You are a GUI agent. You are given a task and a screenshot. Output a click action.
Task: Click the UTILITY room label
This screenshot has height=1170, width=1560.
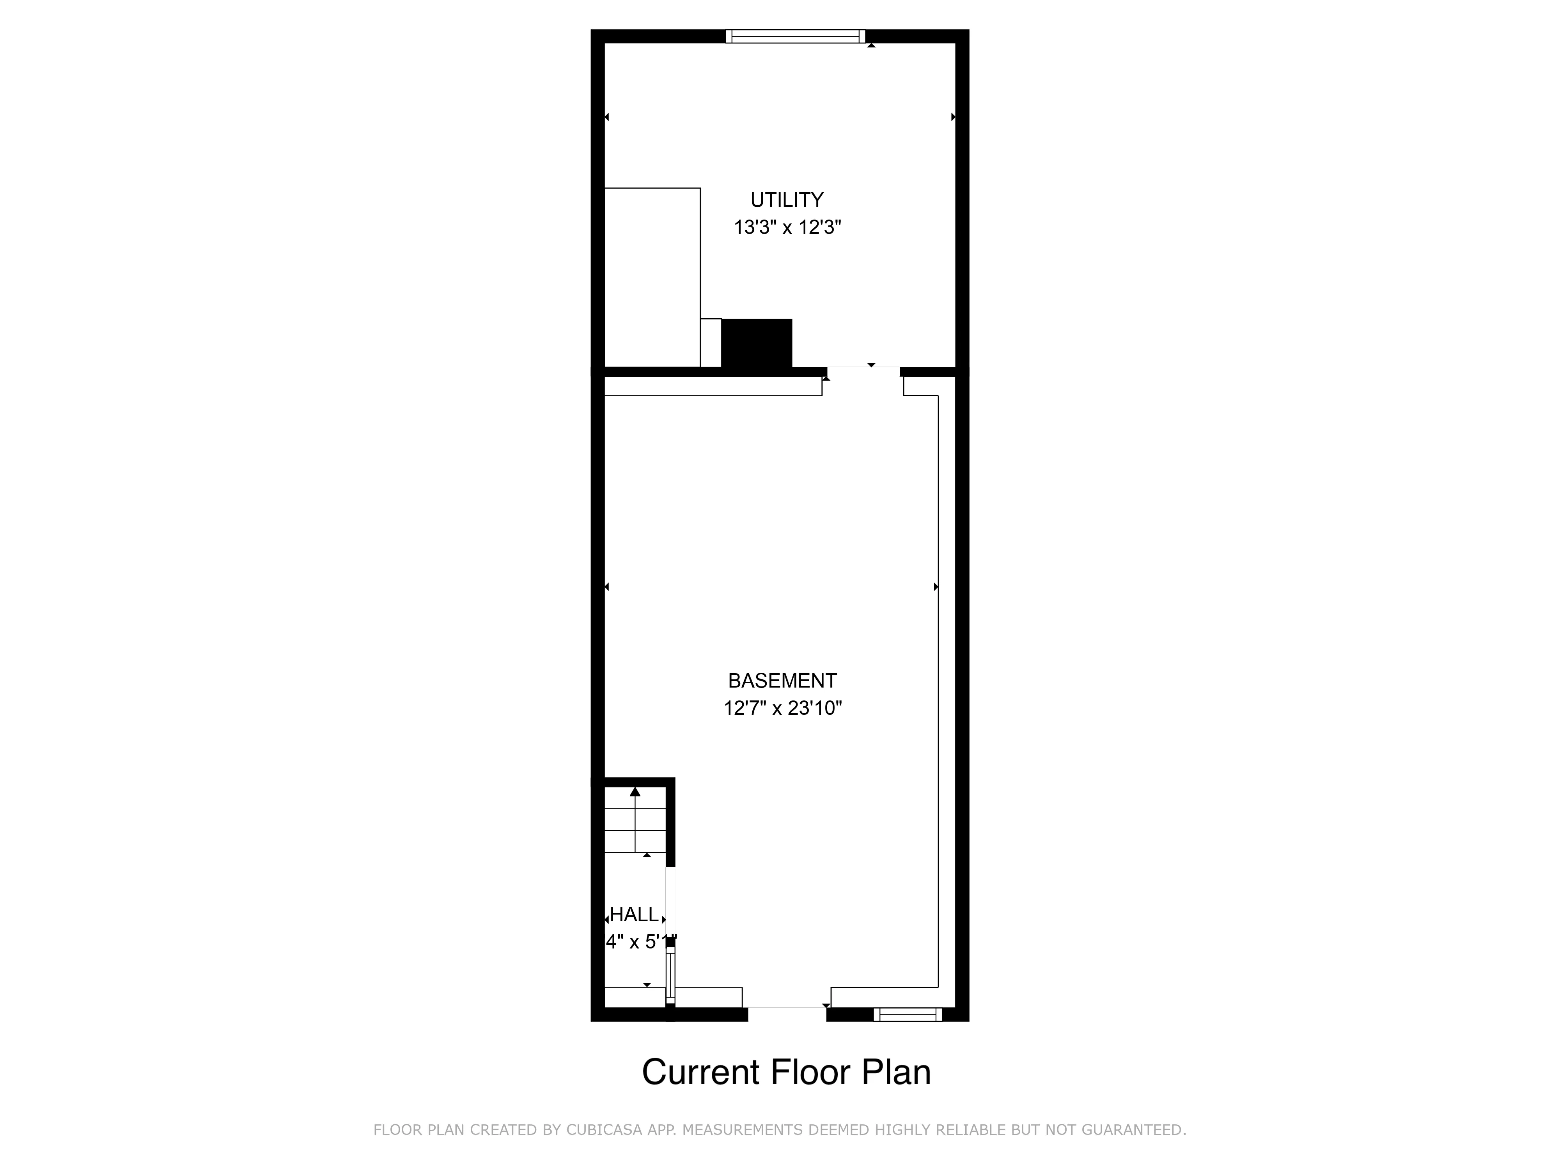point(786,200)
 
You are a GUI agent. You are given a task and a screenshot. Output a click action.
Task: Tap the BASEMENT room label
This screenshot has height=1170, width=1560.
point(782,681)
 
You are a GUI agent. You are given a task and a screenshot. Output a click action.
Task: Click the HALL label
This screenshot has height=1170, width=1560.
point(634,915)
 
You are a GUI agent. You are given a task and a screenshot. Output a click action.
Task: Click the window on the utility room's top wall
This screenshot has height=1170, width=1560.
point(796,36)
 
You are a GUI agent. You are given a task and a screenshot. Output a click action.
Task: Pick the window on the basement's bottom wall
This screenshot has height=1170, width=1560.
point(908,1014)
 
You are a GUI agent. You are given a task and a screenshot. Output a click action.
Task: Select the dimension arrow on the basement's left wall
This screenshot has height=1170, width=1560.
point(606,587)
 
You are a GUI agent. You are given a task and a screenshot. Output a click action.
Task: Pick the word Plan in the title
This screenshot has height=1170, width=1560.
point(896,1072)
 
